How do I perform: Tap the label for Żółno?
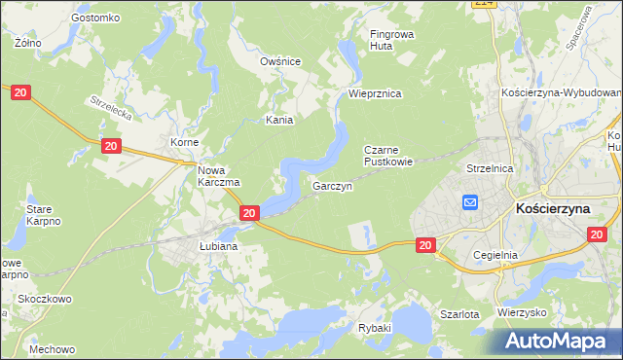click(27, 43)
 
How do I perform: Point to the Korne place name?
click(184, 142)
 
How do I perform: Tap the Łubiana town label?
click(219, 247)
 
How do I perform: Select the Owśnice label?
click(279, 61)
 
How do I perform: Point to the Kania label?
click(280, 121)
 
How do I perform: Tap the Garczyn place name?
click(331, 185)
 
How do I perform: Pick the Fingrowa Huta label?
click(392, 40)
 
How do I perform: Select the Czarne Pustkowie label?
click(388, 156)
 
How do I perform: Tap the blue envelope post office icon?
click(469, 202)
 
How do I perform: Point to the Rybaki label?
click(374, 328)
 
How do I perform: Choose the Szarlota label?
click(459, 314)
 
